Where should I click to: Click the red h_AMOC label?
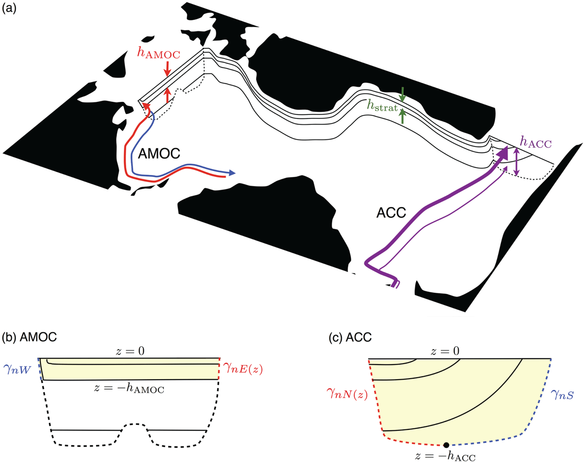(158, 53)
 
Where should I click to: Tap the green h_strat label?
(382, 105)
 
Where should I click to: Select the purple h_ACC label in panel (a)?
(535, 142)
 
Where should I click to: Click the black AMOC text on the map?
(159, 154)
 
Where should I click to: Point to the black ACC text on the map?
(391, 212)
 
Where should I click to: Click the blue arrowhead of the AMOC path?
(232, 173)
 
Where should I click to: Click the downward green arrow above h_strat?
(403, 95)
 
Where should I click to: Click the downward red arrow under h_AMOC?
(167, 69)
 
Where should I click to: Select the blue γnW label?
(18, 369)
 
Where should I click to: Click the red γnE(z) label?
(243, 369)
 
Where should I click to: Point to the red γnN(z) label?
(347, 393)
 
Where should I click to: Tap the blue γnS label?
(562, 394)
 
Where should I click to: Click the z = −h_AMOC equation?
(129, 388)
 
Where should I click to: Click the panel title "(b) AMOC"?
(29, 337)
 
